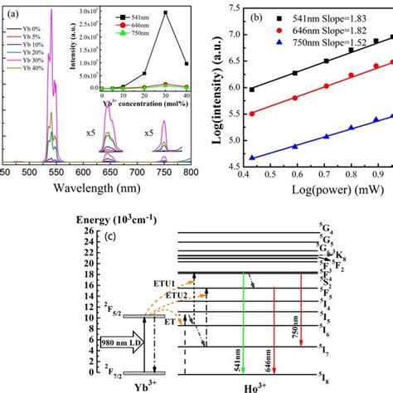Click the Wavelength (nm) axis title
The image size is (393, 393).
coord(96,187)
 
